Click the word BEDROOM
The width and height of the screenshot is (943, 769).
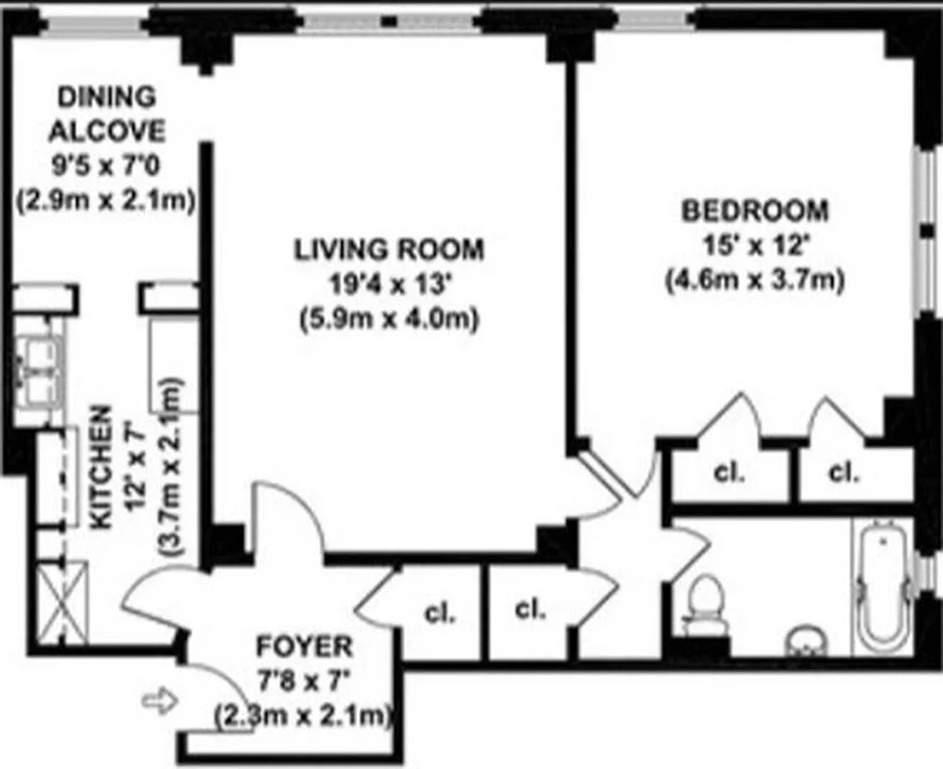[754, 209]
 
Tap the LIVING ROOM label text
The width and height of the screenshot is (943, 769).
[389, 250]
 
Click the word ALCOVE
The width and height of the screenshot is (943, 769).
[108, 131]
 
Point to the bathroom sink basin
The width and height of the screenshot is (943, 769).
[808, 640]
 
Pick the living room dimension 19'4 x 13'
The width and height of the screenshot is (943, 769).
[389, 285]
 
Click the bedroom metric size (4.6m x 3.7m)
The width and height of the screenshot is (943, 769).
[754, 280]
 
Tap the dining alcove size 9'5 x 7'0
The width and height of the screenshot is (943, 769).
[108, 165]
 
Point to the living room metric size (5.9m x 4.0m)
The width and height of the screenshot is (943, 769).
[389, 318]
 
